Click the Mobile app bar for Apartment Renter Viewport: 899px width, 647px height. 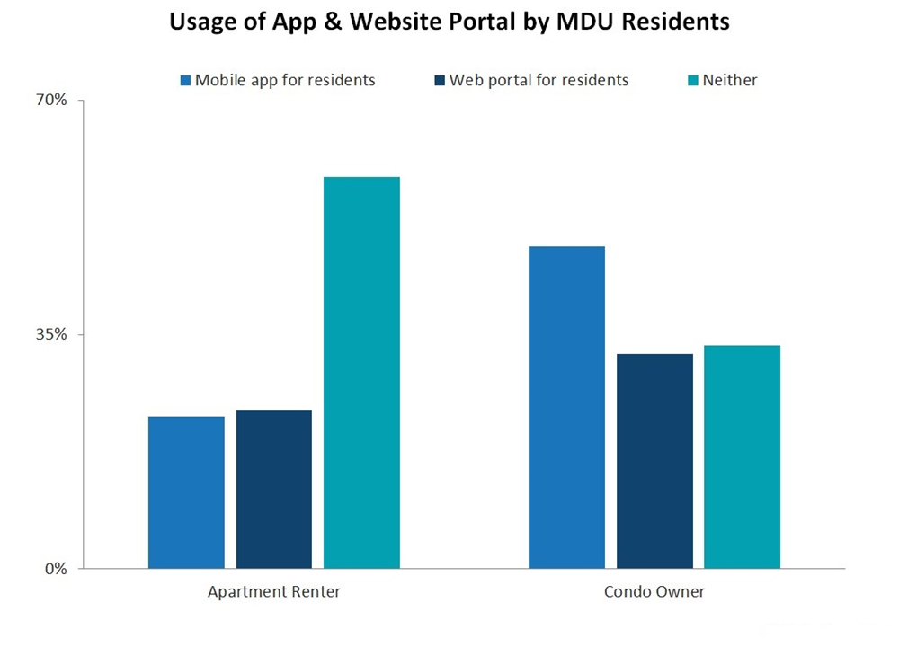point(186,492)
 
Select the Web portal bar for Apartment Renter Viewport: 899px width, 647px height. point(274,489)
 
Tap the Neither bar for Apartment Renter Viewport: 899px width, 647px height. point(361,373)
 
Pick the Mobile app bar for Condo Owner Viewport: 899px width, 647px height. point(566,407)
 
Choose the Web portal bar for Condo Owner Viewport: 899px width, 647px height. point(654,461)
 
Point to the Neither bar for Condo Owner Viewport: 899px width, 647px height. point(742,456)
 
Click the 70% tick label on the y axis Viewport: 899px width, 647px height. point(50,100)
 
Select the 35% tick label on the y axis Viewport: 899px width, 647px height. point(50,334)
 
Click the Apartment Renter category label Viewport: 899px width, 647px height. point(274,592)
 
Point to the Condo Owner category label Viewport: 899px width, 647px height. point(654,592)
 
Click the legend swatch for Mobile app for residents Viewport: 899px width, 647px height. point(185,81)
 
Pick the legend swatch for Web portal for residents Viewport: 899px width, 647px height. point(440,81)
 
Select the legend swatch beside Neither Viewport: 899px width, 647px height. point(692,81)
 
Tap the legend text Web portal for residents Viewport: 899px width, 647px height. point(539,80)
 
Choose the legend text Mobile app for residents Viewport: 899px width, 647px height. point(285,80)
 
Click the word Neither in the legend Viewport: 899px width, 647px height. point(730,80)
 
